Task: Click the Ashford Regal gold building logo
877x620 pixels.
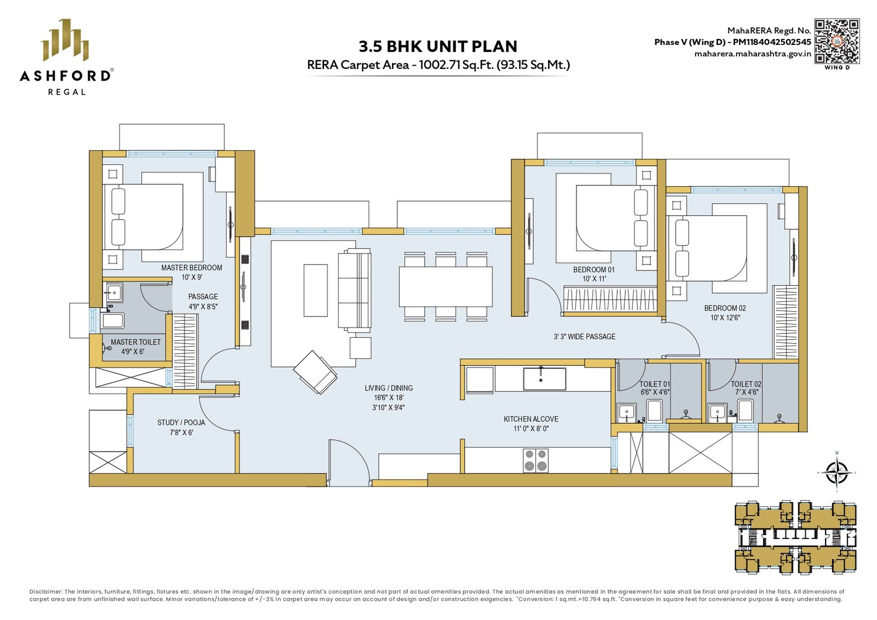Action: click(65, 40)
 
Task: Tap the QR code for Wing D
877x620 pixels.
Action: click(837, 41)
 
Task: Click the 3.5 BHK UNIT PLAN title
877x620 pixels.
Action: click(438, 47)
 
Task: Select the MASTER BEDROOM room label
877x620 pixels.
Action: click(191, 268)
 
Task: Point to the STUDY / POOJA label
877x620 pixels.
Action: click(181, 422)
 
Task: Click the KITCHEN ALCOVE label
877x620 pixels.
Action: click(531, 419)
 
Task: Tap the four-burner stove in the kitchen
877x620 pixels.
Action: click(536, 461)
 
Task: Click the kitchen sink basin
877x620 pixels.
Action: click(545, 378)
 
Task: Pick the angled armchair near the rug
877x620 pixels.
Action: click(315, 372)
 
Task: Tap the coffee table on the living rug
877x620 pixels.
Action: click(316, 290)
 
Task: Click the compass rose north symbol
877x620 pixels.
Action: click(836, 472)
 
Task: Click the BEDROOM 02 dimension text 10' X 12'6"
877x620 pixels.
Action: click(725, 318)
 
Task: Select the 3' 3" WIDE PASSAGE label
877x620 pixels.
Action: click(584, 336)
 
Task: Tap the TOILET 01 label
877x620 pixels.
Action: click(654, 384)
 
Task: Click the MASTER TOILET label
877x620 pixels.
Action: click(135, 342)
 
